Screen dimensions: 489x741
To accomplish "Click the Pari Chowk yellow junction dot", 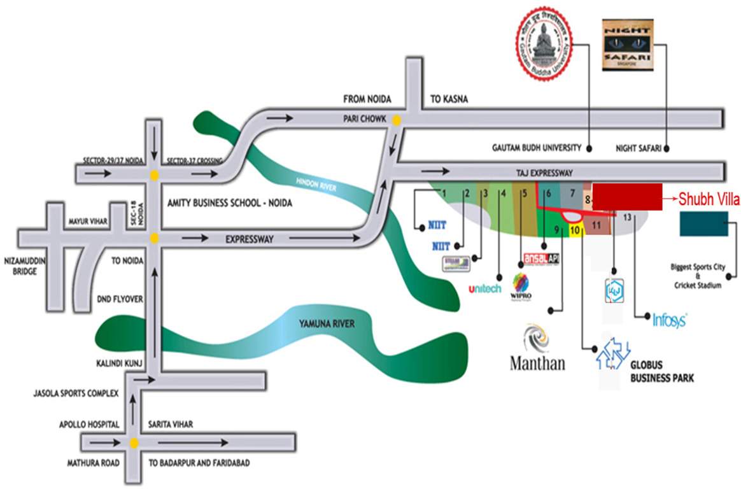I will (397, 119).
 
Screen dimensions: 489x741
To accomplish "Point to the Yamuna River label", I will (327, 324).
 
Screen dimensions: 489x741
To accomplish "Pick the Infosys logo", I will (669, 320).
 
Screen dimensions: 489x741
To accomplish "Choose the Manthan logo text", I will (537, 363).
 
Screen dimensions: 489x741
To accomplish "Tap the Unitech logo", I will (484, 288).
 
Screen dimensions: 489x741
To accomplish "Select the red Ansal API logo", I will (540, 259).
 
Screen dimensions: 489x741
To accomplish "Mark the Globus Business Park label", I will (661, 372).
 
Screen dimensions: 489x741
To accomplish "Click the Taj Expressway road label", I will (544, 173).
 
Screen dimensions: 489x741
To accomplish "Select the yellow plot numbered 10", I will (575, 230).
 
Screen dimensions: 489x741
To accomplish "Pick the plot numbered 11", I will (597, 225).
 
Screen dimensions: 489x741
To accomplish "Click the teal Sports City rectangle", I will (703, 225).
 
